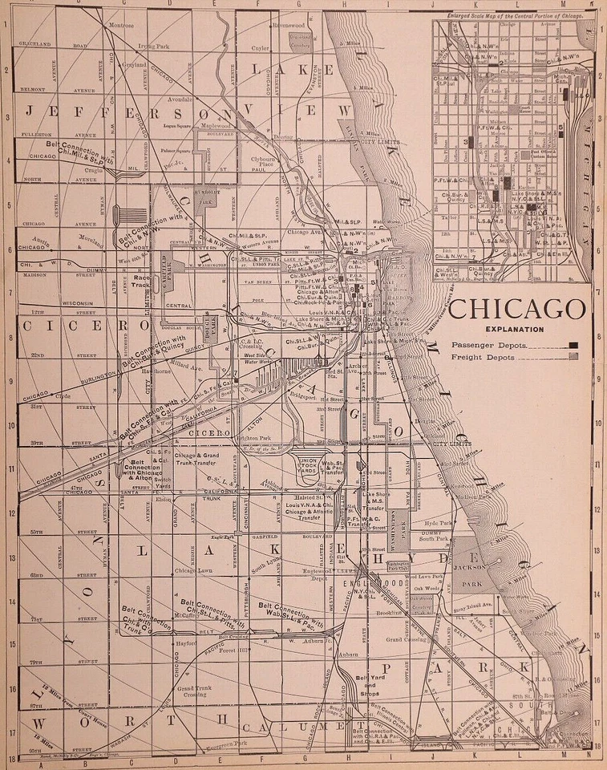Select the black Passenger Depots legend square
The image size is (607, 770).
pos(573,345)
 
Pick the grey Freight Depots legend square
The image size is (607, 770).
pos(573,359)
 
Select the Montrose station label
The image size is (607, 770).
pos(121,26)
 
